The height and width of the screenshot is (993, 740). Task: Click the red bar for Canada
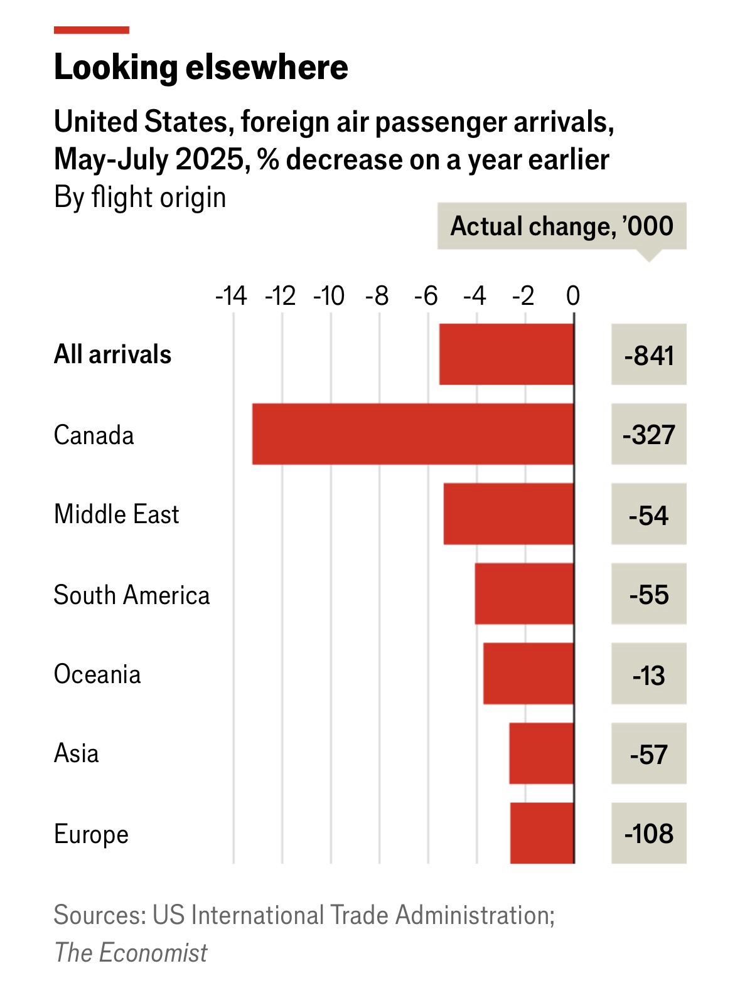tap(413, 434)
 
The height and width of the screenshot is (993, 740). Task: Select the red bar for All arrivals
tap(507, 354)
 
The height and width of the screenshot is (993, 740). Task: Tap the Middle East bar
tap(508, 514)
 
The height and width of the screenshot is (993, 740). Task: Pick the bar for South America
tap(524, 593)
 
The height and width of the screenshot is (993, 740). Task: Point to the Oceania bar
tap(528, 673)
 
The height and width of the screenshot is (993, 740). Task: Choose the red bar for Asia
tap(542, 753)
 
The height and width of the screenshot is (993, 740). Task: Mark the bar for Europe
tap(542, 833)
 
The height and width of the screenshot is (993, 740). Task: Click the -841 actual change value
tap(649, 355)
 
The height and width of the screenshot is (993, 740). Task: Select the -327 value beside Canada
tap(649, 435)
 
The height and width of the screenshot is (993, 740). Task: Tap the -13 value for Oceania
tap(649, 675)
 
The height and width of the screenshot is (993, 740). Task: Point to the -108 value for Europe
tap(649, 834)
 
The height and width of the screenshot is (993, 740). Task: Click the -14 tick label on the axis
tap(231, 295)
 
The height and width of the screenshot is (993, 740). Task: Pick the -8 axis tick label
tap(377, 295)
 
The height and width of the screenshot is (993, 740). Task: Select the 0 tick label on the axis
tap(572, 295)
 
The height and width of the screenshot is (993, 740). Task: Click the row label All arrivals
tap(112, 354)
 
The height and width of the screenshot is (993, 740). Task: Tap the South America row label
tap(132, 595)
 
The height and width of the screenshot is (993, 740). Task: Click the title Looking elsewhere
tap(201, 67)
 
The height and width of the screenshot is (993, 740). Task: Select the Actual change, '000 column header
tap(562, 226)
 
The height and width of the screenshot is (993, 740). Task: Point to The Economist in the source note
tap(131, 952)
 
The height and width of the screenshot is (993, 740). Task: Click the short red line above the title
tap(92, 29)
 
